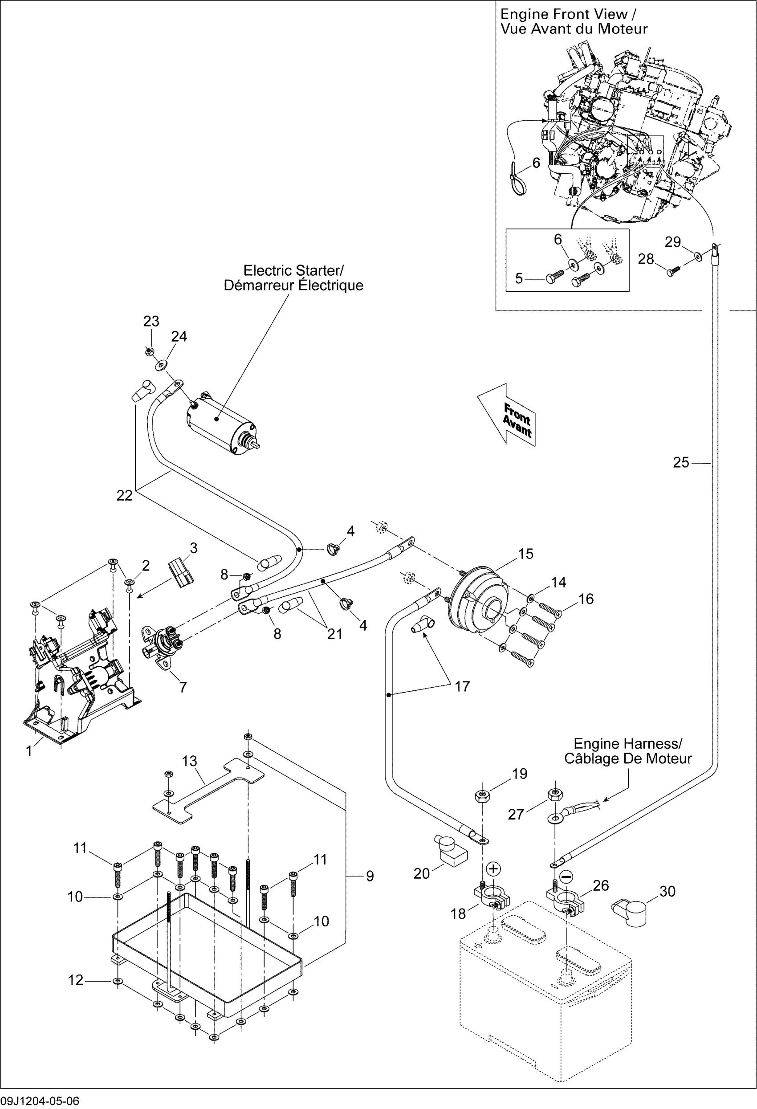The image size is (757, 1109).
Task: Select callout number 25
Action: pyautogui.click(x=681, y=462)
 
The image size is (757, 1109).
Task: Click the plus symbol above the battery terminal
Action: pyautogui.click(x=494, y=868)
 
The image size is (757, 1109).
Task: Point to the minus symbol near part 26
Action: pyautogui.click(x=566, y=877)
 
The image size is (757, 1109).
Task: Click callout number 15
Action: pyautogui.click(x=525, y=554)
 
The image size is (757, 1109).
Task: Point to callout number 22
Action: pyautogui.click(x=125, y=496)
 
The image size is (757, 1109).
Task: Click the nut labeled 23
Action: pyautogui.click(x=149, y=352)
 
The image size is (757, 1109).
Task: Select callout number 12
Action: pyautogui.click(x=76, y=980)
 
